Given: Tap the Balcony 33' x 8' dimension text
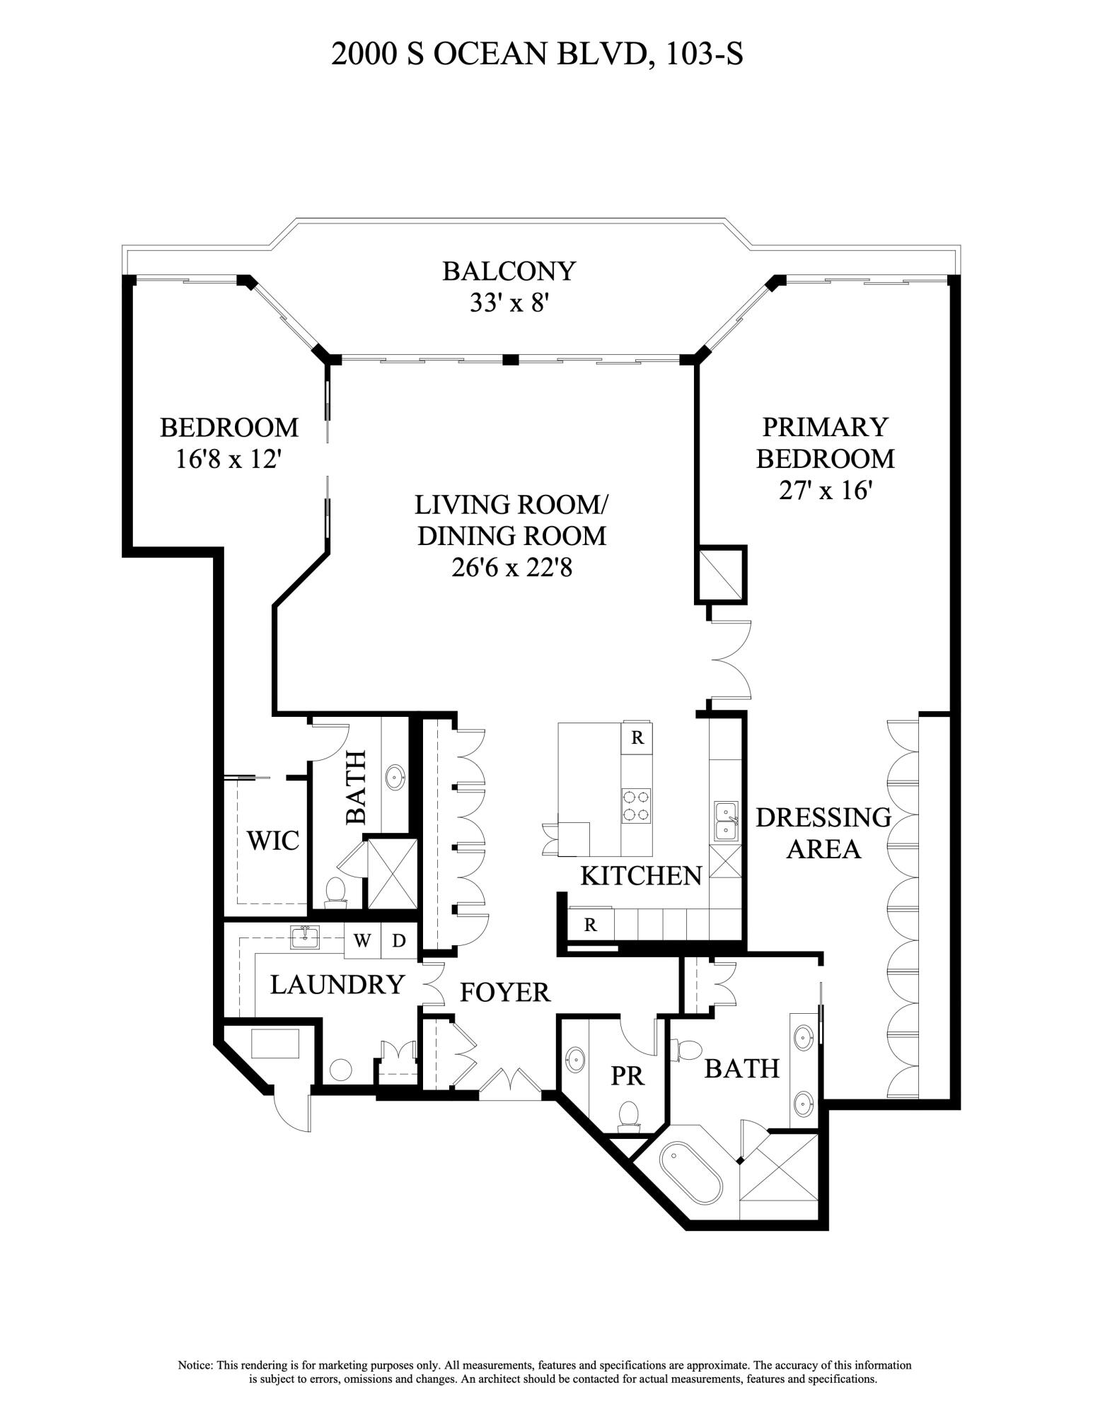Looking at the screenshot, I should click(509, 303).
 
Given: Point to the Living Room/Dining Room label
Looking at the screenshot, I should click(511, 520).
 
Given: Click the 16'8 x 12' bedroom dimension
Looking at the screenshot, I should click(229, 460).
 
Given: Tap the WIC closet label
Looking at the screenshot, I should click(272, 841).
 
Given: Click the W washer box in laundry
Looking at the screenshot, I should click(362, 940).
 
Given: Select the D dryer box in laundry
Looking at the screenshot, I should click(399, 940).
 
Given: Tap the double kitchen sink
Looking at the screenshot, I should click(726, 820).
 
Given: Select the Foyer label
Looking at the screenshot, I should click(504, 992).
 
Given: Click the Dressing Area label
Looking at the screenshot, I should click(823, 832).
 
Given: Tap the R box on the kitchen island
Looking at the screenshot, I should click(637, 738).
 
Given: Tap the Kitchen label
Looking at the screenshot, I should click(640, 876).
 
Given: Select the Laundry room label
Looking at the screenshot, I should click(337, 984).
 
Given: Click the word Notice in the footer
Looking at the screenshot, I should click(195, 1365).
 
